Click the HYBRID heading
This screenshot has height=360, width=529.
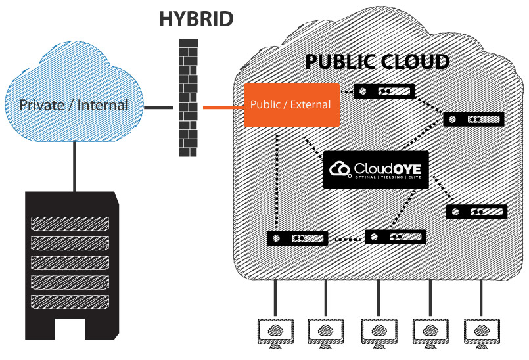(196, 19)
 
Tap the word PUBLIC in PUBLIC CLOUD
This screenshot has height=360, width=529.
(340, 62)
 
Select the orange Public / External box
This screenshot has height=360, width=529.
(292, 105)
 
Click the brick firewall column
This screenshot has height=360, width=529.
(188, 98)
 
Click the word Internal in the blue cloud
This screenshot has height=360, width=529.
(103, 105)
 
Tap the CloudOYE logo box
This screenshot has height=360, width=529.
(376, 169)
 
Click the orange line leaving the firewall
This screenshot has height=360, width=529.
(223, 108)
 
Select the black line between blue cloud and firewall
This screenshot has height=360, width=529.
(158, 108)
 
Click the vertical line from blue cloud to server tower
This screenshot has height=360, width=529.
(74, 166)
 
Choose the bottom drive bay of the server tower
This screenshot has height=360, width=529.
(70, 302)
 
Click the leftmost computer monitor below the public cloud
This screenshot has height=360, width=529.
(275, 332)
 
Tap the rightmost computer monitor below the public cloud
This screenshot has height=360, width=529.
(482, 332)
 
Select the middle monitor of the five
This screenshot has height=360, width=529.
(379, 332)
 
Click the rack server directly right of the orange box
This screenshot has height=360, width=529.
(384, 91)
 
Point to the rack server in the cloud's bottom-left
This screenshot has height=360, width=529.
(297, 238)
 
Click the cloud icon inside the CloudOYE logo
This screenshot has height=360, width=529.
(340, 169)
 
